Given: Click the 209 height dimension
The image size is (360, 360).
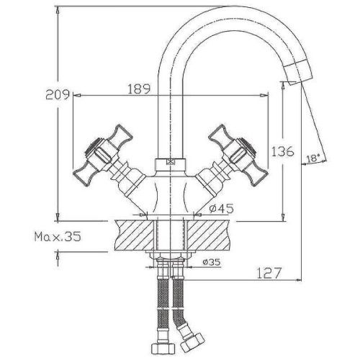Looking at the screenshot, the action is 58,94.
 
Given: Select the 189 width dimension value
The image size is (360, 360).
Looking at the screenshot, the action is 139,89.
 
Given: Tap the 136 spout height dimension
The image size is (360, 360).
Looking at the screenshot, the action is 282,151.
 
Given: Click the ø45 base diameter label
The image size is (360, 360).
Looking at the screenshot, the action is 221,208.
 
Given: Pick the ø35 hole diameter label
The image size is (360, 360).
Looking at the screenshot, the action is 211,262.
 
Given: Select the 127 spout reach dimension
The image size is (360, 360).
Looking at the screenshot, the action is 269,273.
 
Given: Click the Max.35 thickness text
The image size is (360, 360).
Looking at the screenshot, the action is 58,237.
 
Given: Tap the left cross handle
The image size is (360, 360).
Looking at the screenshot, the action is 103,156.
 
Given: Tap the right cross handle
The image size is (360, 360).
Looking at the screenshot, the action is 238,156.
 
